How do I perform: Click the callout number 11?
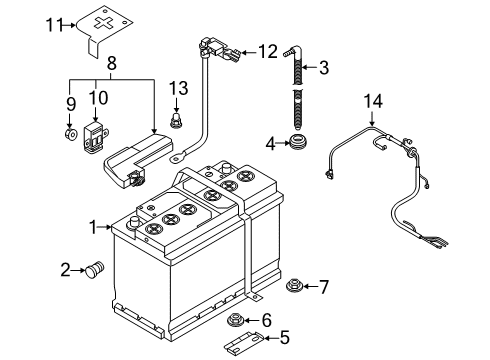(54, 25)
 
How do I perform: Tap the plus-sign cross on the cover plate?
(103, 22)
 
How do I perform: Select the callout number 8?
(112, 63)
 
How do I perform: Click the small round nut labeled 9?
(71, 134)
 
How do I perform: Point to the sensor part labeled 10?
(94, 137)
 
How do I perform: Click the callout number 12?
(268, 52)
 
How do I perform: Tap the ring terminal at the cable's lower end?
(177, 157)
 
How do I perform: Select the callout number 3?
(324, 67)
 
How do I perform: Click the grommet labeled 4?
(298, 142)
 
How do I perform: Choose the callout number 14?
(373, 101)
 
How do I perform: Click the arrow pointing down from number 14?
(372, 118)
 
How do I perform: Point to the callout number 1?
(93, 227)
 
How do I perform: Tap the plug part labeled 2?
(94, 269)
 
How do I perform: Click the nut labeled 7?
(294, 286)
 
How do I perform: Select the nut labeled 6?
(235, 320)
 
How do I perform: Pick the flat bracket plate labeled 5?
(243, 342)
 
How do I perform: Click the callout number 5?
(285, 337)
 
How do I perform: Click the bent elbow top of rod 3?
(295, 50)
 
